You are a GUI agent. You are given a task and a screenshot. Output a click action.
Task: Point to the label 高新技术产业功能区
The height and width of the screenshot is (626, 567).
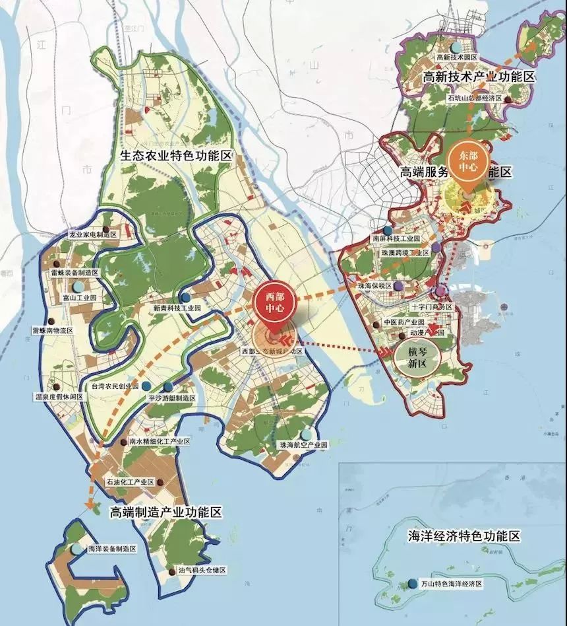(479, 77)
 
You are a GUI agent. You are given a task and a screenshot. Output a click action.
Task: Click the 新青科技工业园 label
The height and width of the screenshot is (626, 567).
(177, 308)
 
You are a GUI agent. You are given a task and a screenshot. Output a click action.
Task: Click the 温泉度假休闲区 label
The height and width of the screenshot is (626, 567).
(58, 396)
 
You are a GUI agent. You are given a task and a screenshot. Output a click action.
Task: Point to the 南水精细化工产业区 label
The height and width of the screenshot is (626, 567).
(160, 440)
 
